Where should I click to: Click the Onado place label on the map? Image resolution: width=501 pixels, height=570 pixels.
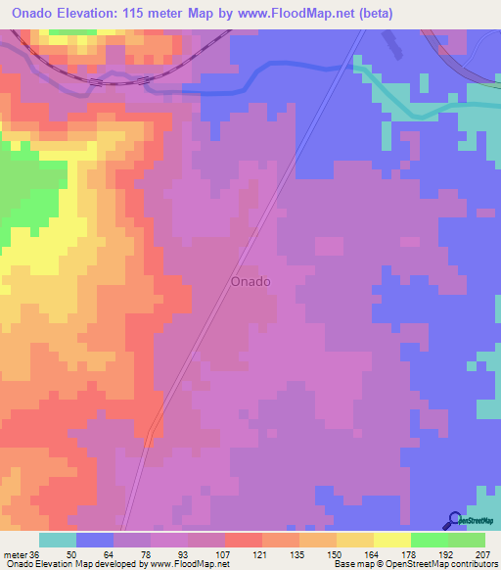(250, 281)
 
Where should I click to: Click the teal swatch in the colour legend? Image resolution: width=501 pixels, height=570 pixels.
(58, 540)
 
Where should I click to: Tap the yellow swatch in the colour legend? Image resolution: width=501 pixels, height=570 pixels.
(392, 540)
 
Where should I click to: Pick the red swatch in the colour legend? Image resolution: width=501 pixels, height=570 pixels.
(244, 540)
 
